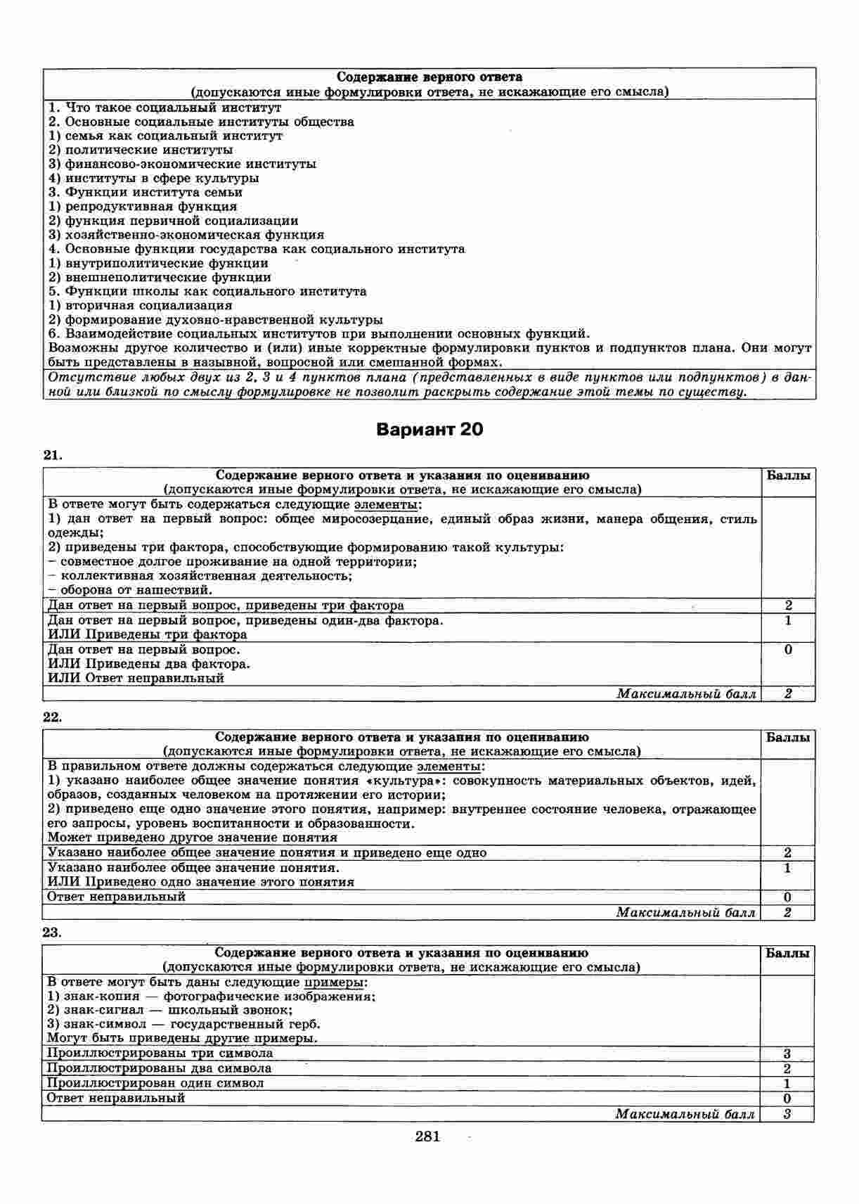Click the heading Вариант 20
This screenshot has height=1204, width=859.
[430, 429]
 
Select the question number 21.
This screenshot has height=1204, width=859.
[53, 456]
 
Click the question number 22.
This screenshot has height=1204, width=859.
[53, 717]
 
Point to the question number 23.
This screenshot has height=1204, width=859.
[53, 933]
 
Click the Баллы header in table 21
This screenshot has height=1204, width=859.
[789, 475]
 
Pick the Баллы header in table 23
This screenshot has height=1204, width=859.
[787, 954]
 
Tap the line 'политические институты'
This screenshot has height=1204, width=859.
[141, 150]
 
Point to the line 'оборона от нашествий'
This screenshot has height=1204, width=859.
[130, 590]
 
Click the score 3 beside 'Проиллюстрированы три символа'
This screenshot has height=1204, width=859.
[787, 1053]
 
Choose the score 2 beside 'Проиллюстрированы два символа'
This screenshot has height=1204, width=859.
[787, 1068]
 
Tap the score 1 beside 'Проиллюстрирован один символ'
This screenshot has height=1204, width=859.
[787, 1084]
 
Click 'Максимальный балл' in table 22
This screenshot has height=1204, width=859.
[686, 913]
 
